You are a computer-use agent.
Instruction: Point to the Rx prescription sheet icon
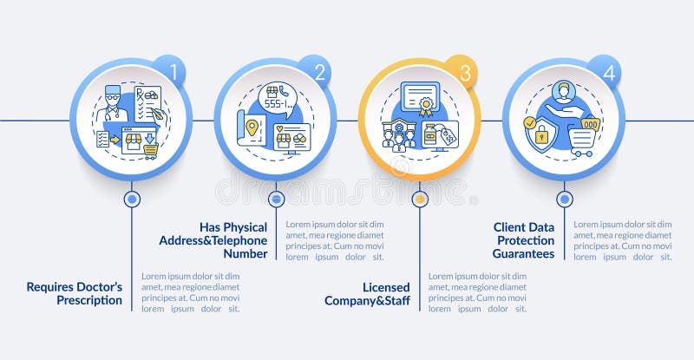point(147,102)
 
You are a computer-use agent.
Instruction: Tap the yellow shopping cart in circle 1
point(151,150)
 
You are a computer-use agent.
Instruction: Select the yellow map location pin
point(252,128)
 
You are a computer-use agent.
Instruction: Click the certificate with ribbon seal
point(421,98)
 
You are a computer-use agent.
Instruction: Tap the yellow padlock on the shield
point(541,134)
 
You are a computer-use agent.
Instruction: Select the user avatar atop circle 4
point(564,91)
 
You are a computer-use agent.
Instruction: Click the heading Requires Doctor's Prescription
point(75,293)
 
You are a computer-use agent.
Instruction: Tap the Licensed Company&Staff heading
point(368,293)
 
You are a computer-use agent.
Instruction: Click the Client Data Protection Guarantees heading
point(524,240)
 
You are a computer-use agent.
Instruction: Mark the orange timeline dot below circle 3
point(420,199)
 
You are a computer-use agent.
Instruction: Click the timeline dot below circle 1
point(132,199)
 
